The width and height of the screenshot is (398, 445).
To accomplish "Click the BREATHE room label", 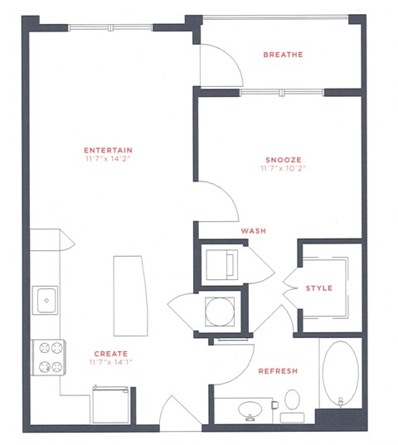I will pyautogui.click(x=281, y=56).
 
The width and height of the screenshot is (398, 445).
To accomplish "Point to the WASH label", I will pyautogui.click(x=252, y=231).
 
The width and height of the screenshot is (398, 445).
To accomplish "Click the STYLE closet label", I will pyautogui.click(x=318, y=288).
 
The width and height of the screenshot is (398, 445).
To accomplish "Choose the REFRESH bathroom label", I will pyautogui.click(x=277, y=370).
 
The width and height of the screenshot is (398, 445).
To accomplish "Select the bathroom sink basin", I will pyautogui.click(x=247, y=409).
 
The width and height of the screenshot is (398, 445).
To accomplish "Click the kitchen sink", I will pyautogui.click(x=46, y=298).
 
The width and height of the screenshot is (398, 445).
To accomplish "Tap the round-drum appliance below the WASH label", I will pyautogui.click(x=220, y=312).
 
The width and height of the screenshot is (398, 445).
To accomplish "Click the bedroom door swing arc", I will pyautogui.click(x=214, y=203).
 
